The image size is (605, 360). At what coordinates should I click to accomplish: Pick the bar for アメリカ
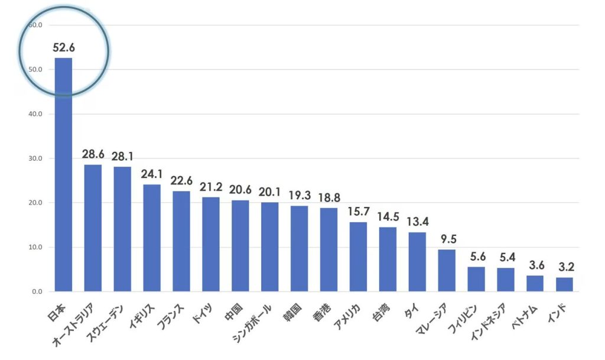(358, 257)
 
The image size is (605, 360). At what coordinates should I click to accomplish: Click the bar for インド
(564, 284)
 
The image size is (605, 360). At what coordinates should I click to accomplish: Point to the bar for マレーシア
(447, 270)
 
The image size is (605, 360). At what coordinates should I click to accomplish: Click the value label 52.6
(63, 48)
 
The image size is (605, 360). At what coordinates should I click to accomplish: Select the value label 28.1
(122, 156)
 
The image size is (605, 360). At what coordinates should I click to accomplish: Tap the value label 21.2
(211, 187)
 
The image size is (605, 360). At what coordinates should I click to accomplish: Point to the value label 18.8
(328, 197)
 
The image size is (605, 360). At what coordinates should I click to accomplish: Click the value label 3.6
(535, 265)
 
